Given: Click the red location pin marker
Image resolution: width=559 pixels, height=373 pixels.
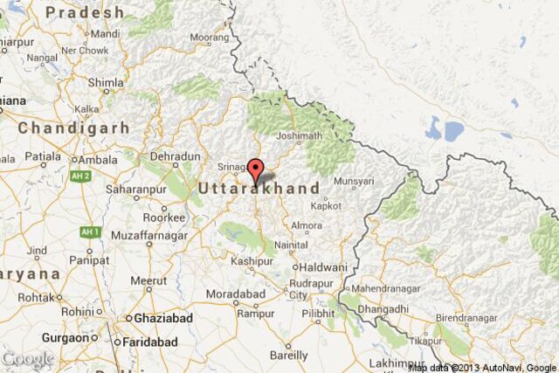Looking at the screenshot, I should pyautogui.click(x=255, y=169).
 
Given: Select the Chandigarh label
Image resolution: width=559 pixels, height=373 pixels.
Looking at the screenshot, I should pyautogui.click(x=73, y=128).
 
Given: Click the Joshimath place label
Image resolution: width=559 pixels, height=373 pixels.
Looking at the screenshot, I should pyautogui.click(x=299, y=136).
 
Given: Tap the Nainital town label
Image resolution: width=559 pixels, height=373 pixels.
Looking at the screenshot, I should pyautogui.click(x=291, y=245).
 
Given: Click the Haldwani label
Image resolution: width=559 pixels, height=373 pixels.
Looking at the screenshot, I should pyautogui.click(x=326, y=266).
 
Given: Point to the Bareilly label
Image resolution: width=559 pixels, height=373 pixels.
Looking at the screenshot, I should pyautogui.click(x=287, y=356).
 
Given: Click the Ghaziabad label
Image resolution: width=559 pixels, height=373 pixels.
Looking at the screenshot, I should pyautogui.click(x=162, y=320).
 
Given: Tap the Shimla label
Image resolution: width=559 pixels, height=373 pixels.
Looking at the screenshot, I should pyautogui.click(x=106, y=83).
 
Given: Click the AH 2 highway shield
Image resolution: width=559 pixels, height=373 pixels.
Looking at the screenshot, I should pyautogui.click(x=81, y=176).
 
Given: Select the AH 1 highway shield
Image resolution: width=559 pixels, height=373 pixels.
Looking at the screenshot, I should pyautogui.click(x=89, y=231).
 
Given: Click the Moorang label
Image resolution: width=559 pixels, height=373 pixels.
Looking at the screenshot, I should pyautogui.click(x=210, y=38).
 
